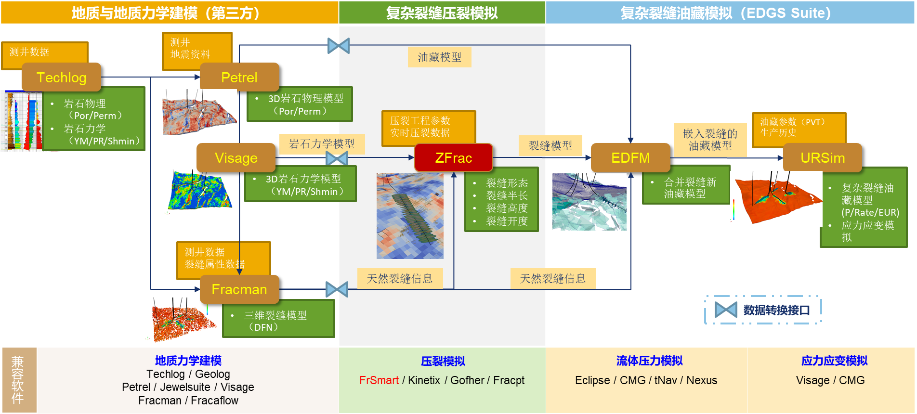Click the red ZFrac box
tap(454, 157)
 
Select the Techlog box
tap(62, 77)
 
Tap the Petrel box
tap(239, 77)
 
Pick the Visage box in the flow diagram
tap(236, 157)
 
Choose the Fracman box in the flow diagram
tap(239, 289)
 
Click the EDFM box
tap(630, 157)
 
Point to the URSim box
tap(823, 157)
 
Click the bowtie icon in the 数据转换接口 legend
tap(726, 310)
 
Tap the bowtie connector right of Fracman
tap(337, 289)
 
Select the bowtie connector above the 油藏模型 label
tap(339, 46)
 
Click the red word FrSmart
tap(379, 380)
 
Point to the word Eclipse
tap(592, 380)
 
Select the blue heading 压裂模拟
tap(443, 361)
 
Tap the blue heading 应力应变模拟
tap(835, 361)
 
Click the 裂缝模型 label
tap(550, 145)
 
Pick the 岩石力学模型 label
tap(322, 144)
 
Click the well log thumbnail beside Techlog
tap(22, 121)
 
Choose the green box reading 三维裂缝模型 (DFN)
tap(278, 318)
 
